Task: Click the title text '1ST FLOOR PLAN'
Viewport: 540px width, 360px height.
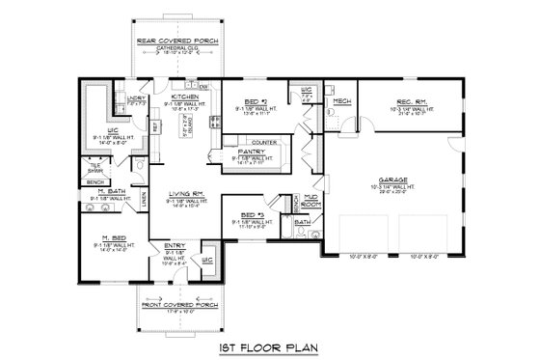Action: click(x=269, y=344)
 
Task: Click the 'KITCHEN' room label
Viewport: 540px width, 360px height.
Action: click(x=184, y=97)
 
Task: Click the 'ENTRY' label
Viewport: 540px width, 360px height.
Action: click(x=175, y=245)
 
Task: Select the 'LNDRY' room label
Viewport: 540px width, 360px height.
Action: click(x=134, y=98)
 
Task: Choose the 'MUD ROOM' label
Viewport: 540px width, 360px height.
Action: click(x=311, y=199)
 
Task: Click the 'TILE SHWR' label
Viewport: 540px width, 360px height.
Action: click(x=96, y=166)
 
